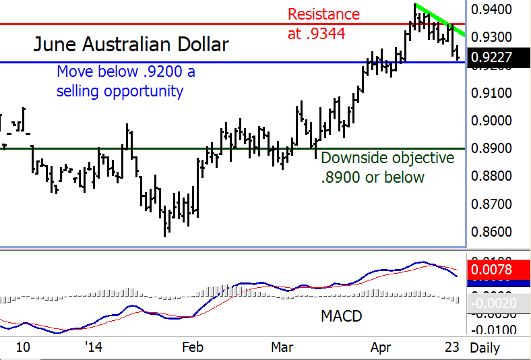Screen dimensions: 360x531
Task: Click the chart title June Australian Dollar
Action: point(131,45)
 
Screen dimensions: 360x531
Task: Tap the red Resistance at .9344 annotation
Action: point(323,24)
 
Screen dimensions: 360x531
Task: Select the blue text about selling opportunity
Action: point(125,81)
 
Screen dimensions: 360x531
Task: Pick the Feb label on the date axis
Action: point(193,347)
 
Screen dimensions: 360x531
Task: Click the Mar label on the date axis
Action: point(282,347)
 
